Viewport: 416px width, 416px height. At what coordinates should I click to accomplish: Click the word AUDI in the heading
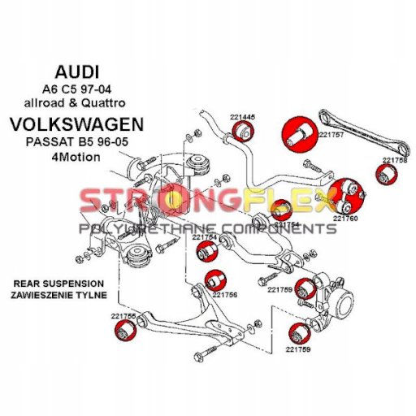click(x=77, y=72)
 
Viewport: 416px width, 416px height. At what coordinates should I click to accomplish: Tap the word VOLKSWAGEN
click(x=77, y=124)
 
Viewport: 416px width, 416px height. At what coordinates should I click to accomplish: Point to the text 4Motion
click(x=76, y=157)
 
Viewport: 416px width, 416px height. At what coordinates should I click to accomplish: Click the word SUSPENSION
click(x=73, y=284)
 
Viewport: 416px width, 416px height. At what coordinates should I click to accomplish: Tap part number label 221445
click(x=243, y=118)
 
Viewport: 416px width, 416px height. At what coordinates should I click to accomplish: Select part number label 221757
click(x=331, y=135)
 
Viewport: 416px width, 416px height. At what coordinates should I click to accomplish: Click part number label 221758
click(x=395, y=160)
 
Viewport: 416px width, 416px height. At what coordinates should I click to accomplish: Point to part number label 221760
click(x=345, y=219)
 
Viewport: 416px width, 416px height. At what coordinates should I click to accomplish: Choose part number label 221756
click(x=224, y=295)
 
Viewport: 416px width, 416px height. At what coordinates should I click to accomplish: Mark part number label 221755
click(x=123, y=316)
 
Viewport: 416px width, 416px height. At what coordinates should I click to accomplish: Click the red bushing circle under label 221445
click(x=243, y=132)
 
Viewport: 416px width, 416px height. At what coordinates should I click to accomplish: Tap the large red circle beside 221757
click(x=300, y=135)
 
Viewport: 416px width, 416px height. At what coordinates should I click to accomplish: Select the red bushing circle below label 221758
click(x=387, y=175)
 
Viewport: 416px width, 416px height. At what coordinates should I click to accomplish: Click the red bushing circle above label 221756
click(x=215, y=281)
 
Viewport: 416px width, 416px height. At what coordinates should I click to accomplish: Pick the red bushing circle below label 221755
click(x=126, y=331)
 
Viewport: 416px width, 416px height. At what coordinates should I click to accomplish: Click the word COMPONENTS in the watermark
click(x=279, y=229)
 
